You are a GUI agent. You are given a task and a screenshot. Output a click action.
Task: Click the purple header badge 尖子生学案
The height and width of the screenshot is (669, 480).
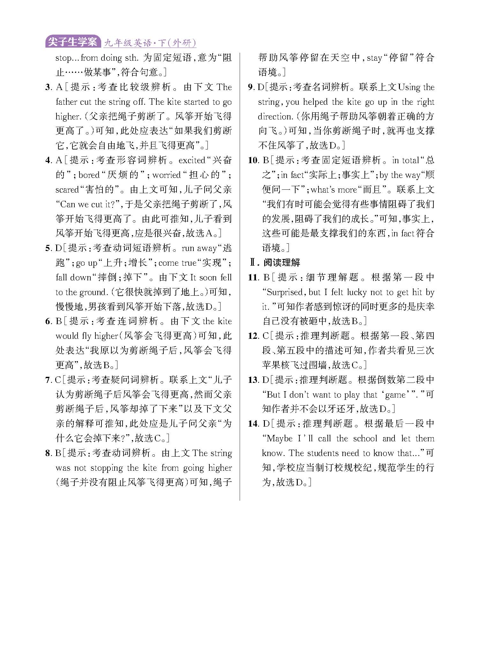point(72,42)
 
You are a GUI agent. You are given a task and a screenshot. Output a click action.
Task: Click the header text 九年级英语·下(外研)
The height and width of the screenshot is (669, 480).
point(150,43)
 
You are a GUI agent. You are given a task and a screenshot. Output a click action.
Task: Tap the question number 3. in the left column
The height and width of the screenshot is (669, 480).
point(49,87)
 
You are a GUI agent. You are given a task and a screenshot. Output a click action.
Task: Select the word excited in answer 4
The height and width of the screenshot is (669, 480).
point(192,160)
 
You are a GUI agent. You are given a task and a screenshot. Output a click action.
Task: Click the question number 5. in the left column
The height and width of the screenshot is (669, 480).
point(49,248)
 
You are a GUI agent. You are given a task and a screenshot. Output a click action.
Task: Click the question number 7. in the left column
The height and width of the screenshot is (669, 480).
point(49,380)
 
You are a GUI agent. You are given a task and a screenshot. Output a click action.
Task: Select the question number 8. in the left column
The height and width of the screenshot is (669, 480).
point(49,453)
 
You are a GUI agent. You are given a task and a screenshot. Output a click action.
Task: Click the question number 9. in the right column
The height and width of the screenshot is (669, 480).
point(251,87)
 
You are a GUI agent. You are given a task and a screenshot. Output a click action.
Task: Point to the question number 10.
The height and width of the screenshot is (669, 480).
point(253,160)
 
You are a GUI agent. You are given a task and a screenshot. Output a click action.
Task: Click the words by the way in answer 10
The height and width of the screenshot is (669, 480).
point(400,175)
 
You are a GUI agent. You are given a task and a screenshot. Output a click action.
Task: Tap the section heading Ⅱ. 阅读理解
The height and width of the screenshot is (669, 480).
point(275,263)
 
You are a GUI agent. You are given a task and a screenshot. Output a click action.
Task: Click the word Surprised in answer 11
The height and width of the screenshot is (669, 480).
point(284,292)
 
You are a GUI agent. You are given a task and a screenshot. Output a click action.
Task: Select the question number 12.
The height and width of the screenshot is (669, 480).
point(253,336)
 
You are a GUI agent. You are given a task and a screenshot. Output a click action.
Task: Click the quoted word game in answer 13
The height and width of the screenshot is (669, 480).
point(395,395)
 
